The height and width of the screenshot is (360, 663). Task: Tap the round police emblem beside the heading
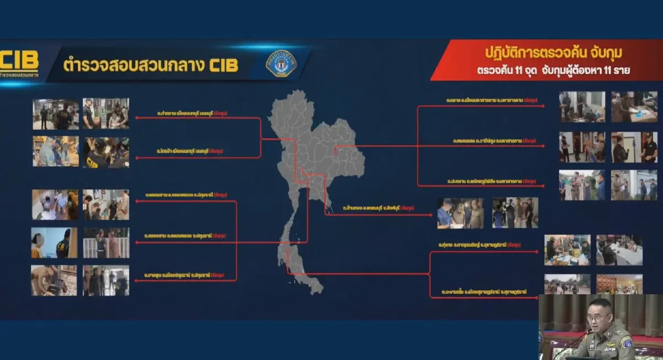pos(281,63)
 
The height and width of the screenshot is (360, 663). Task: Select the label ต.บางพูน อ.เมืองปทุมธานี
pos(176,274)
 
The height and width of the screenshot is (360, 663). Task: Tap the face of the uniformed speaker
pos(600,319)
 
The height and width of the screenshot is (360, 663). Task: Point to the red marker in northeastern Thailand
pos(336,147)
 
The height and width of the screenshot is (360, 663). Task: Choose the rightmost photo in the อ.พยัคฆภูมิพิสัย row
pos(634,185)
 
